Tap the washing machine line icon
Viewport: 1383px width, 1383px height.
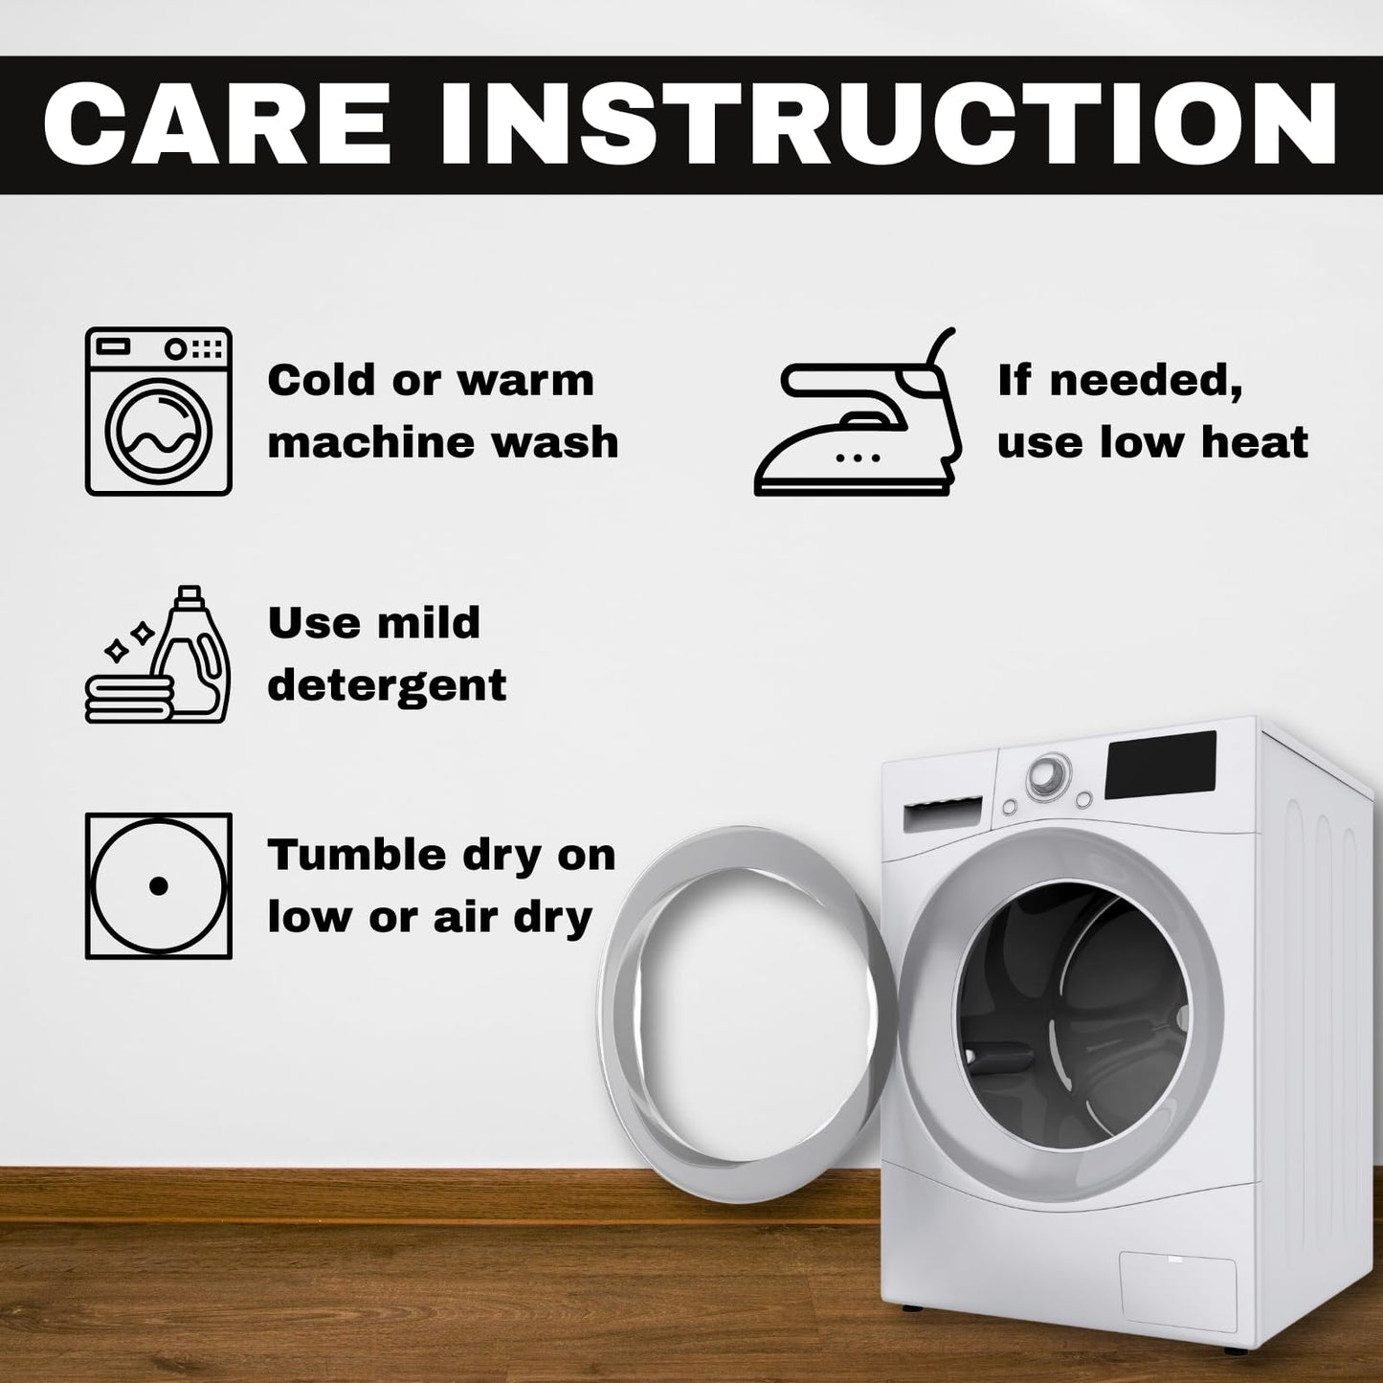(158, 412)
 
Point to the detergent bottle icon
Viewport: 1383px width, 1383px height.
(158, 654)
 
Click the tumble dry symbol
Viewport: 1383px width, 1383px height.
(158, 885)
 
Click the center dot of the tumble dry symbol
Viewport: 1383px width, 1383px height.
(158, 886)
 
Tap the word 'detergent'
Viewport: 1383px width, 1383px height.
(387, 685)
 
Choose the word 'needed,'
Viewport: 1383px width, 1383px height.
(1147, 380)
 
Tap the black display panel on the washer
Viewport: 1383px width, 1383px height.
(1161, 766)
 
